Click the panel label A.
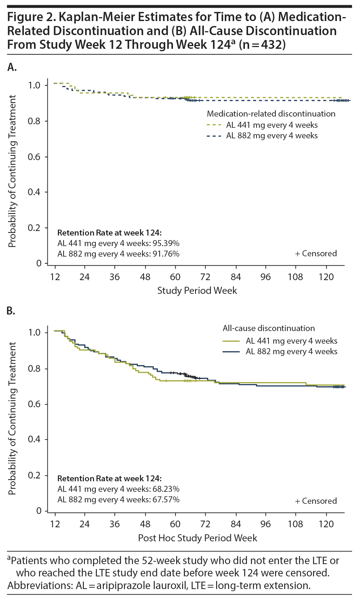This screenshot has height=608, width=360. point(12,67)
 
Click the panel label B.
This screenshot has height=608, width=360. point(11,311)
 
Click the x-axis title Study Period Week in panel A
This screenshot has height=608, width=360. point(197,291)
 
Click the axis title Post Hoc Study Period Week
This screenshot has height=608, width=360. point(197,538)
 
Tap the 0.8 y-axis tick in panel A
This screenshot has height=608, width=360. point(34,121)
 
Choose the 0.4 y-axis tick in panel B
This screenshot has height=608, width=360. point(34,440)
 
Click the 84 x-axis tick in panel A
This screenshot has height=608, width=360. point(235,277)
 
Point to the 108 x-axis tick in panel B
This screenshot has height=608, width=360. point(295,524)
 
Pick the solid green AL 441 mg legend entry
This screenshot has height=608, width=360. point(280,341)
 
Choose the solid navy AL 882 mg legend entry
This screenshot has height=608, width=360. point(280,352)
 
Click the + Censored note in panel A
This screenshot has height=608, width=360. point(316,254)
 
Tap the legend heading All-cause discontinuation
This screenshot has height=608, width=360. point(269,329)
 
